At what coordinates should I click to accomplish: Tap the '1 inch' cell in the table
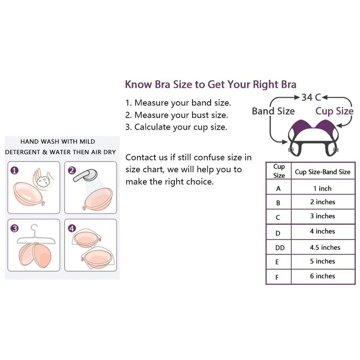[x=323, y=189]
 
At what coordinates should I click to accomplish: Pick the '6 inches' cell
[x=323, y=276]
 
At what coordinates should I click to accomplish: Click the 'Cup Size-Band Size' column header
[x=323, y=172]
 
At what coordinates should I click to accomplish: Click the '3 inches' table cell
[x=323, y=216]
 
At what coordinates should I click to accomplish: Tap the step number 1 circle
[x=15, y=171]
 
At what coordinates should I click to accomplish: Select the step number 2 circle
[x=72, y=171]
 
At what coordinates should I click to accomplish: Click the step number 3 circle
[x=15, y=228]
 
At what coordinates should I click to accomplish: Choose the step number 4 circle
[x=72, y=228]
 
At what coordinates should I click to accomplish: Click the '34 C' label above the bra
[x=311, y=97]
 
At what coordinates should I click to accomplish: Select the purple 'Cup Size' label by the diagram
[x=334, y=111]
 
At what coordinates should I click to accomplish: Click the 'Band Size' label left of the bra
[x=273, y=111]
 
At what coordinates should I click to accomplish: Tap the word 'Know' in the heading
[x=139, y=84]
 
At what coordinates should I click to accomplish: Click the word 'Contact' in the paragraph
[x=142, y=157]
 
